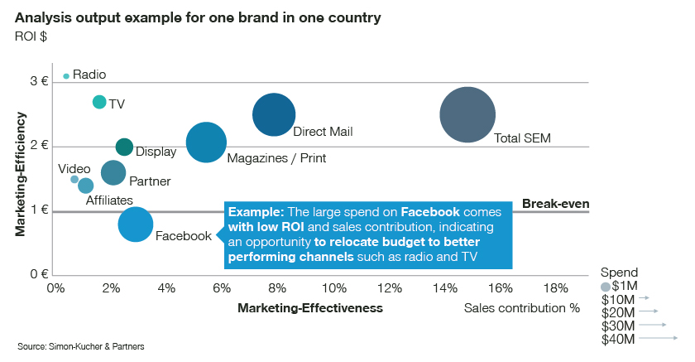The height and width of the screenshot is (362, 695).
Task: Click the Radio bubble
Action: (x=66, y=75)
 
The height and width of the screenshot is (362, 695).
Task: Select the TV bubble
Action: (x=99, y=102)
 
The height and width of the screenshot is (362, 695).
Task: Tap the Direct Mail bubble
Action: (x=274, y=115)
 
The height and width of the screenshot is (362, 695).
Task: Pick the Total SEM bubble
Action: (x=467, y=115)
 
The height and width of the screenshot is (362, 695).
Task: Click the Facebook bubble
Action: (x=136, y=224)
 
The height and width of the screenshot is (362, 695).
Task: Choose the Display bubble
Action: (x=124, y=147)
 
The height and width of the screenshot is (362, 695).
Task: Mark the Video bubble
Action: (x=74, y=179)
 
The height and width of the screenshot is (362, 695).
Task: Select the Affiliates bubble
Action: (x=86, y=186)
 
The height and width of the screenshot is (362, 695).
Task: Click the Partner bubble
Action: (x=113, y=172)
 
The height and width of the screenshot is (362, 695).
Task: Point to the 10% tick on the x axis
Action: (x=333, y=288)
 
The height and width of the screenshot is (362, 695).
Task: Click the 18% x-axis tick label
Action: (x=556, y=288)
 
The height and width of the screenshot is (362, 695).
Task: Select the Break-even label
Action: (x=554, y=204)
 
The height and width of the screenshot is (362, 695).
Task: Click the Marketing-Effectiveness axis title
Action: (x=310, y=308)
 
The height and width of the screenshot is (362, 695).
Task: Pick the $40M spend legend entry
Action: (x=618, y=339)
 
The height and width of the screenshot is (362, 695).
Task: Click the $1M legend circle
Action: (x=606, y=286)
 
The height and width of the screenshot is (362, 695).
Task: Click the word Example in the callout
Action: (x=254, y=210)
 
